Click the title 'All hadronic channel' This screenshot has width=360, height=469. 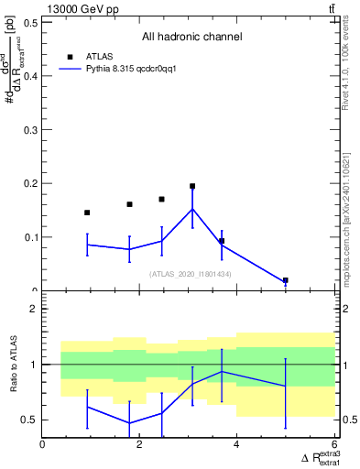(191, 37)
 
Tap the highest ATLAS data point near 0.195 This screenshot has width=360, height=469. (192, 186)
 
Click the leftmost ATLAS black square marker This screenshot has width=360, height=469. (87, 213)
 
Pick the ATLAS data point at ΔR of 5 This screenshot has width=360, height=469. (286, 280)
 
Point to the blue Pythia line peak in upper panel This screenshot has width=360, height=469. (192, 209)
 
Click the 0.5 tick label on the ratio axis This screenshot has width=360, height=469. (30, 420)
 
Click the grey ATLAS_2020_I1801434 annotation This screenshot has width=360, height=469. (191, 274)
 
